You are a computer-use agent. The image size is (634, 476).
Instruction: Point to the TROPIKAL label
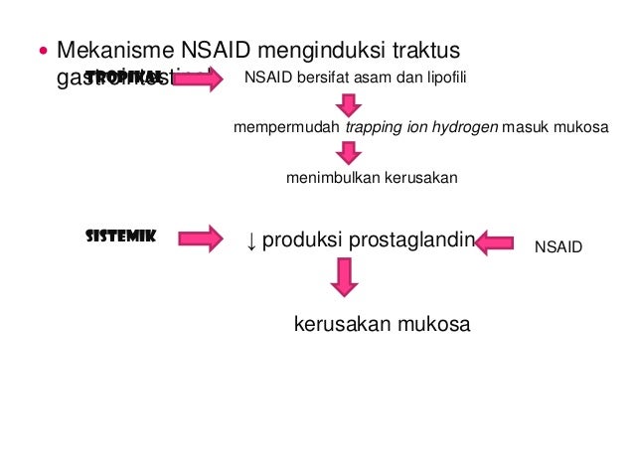coord(123,78)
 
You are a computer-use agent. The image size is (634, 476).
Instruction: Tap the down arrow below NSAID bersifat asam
coord(347,103)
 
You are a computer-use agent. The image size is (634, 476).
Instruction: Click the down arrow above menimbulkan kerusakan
coord(347,153)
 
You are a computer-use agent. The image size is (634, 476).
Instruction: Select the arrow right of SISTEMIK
coord(201,238)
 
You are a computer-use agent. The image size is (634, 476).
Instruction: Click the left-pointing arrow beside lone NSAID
coord(494,241)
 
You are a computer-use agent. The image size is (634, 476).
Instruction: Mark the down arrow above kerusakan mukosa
coord(345,276)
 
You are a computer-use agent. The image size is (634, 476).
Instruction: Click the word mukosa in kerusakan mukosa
coord(432,325)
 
